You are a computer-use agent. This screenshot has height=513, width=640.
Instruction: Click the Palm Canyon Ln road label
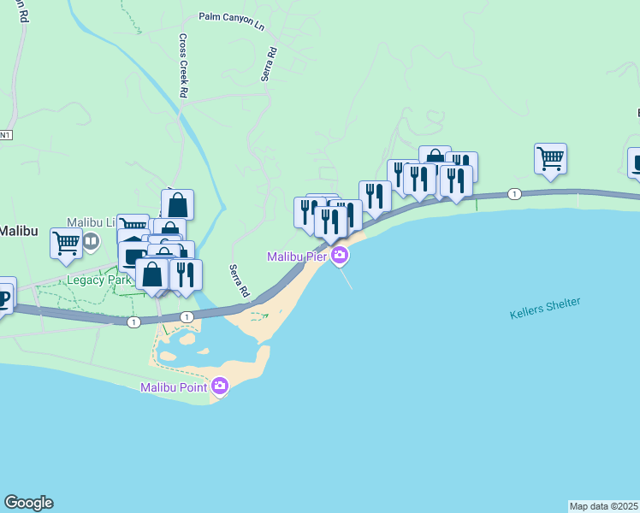pyautogui.click(x=231, y=20)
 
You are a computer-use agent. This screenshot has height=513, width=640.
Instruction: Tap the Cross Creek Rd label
pyautogui.click(x=183, y=66)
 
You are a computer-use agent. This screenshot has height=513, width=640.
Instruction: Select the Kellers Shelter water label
pyautogui.click(x=545, y=308)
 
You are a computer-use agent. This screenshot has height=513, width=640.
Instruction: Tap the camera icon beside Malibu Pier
pyautogui.click(x=340, y=255)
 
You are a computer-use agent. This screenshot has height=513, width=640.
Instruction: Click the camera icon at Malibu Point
pyautogui.click(x=220, y=386)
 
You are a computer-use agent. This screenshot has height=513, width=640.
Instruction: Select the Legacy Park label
pyautogui.click(x=100, y=280)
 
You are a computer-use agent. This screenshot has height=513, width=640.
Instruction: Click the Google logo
pyautogui.click(x=28, y=503)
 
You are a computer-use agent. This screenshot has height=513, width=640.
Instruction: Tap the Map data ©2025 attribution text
pyautogui.click(x=604, y=506)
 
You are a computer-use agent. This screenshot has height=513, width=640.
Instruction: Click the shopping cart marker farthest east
pyautogui.click(x=550, y=158)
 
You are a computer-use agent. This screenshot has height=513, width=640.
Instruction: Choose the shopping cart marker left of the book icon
pyautogui.click(x=66, y=243)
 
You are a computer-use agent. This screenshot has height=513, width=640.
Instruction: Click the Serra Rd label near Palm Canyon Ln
pyautogui.click(x=270, y=64)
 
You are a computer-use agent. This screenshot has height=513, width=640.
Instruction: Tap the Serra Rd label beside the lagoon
pyautogui.click(x=239, y=281)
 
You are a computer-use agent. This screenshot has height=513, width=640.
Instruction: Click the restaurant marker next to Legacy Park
pyautogui.click(x=186, y=274)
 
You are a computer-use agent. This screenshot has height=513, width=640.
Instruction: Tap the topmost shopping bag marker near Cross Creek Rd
pyautogui.click(x=177, y=205)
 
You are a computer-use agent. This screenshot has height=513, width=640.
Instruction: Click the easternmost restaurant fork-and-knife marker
pyautogui.click(x=456, y=180)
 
